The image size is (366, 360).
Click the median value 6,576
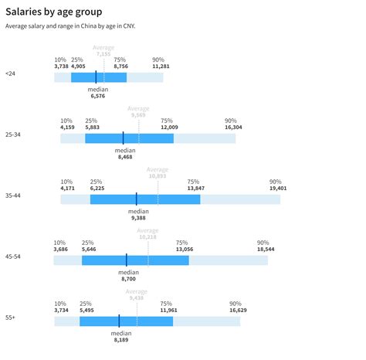coord(97,97)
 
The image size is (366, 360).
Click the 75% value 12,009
coord(168,127)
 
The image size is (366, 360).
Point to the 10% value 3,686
coord(61,249)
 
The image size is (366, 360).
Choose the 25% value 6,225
coord(97,188)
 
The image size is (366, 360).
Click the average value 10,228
coord(147,237)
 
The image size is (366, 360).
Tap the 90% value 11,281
coord(160,66)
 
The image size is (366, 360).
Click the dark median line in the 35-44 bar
coord(136,199)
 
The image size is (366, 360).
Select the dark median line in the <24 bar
coord(96,77)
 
